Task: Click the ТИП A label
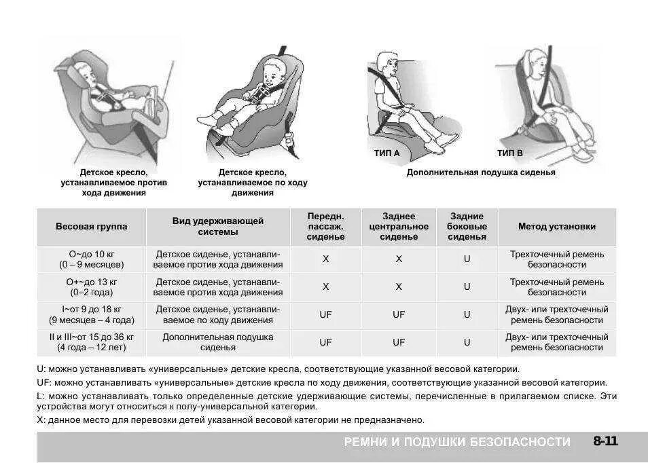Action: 386,153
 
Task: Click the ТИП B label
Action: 509,153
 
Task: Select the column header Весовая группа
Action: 91,227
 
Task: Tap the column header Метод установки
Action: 556,227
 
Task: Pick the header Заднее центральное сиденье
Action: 399,227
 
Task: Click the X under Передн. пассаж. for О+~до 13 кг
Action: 325,287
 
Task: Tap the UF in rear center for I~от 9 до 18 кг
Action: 399,315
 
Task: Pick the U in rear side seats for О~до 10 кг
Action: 467,259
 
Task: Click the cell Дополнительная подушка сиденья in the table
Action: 218,342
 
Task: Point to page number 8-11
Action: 605,442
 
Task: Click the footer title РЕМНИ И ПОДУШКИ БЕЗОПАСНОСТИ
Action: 457,442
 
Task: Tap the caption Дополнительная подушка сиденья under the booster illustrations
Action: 480,172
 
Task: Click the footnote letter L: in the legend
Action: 41,395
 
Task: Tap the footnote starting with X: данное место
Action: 231,420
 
